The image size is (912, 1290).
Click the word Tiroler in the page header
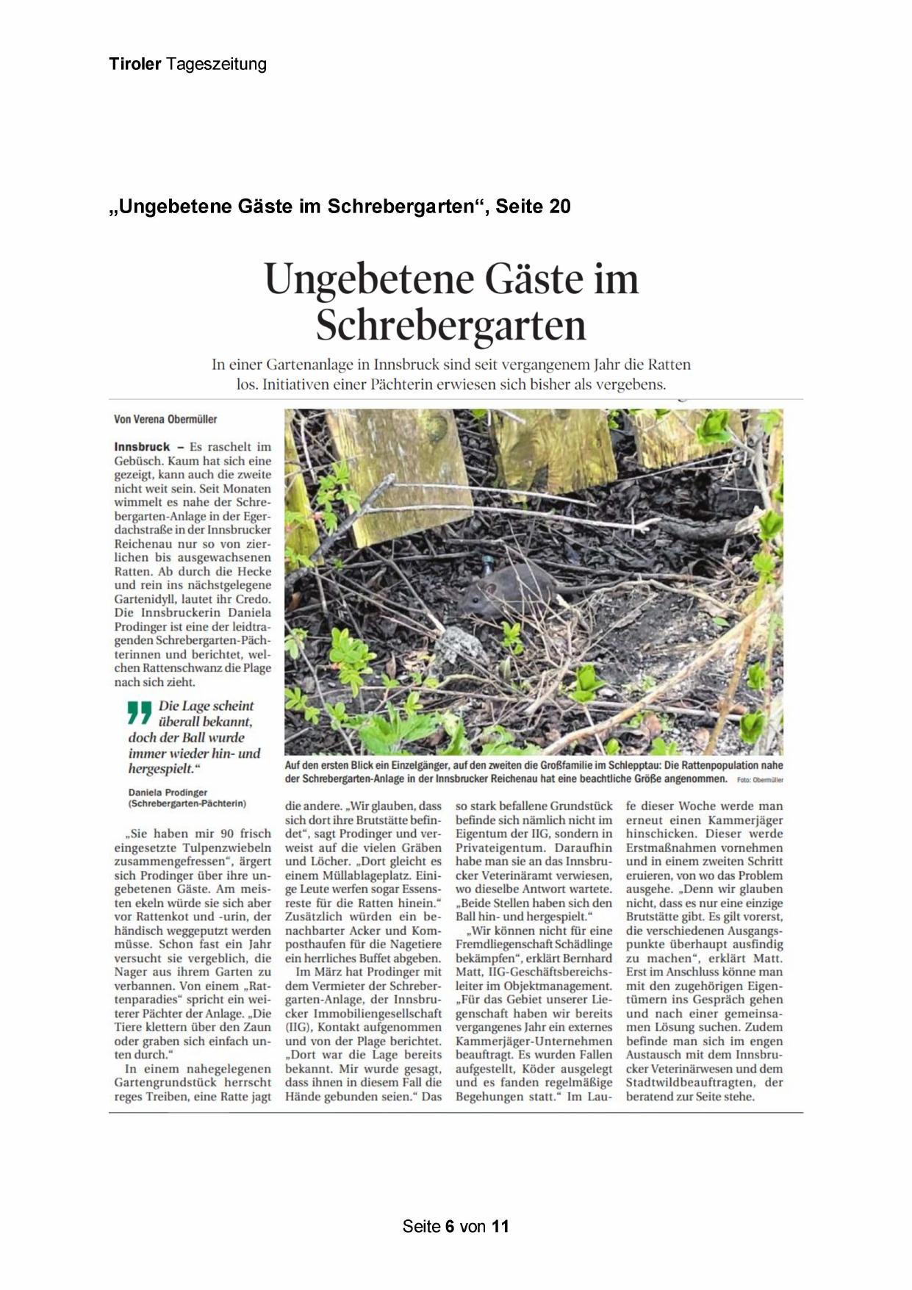tap(134, 64)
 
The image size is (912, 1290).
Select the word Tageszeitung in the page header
tap(216, 65)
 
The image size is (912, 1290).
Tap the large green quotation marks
tap(139, 713)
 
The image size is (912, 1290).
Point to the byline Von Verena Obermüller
tap(165, 419)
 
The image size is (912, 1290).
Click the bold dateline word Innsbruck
tap(142, 446)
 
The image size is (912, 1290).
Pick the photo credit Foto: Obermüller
tap(760, 780)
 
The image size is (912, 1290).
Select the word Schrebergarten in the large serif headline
tap(451, 325)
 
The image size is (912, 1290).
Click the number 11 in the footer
tap(500, 1226)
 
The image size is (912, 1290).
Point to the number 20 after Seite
tap(559, 207)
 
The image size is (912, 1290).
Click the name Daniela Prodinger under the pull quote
tap(168, 793)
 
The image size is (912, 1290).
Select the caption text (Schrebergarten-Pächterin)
tap(187, 804)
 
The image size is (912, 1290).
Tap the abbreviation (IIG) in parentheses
tap(298, 1027)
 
